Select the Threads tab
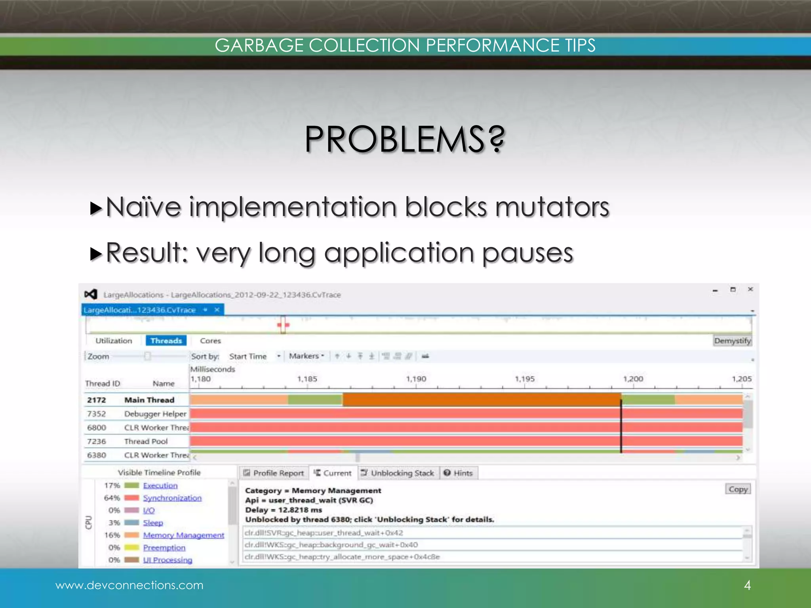[166, 341]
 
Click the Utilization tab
[114, 341]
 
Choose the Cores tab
[210, 341]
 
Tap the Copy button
[738, 489]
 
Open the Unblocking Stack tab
[398, 473]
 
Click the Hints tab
[459, 473]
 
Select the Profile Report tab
[274, 473]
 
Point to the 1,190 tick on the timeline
[416, 379]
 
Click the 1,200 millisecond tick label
[633, 379]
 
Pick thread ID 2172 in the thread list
[97, 400]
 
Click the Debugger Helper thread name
[155, 414]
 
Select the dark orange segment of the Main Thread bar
[481, 400]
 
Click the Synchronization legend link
[172, 498]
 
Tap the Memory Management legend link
[184, 535]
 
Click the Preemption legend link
[164, 548]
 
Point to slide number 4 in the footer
[747, 585]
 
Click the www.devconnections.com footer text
[129, 585]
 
